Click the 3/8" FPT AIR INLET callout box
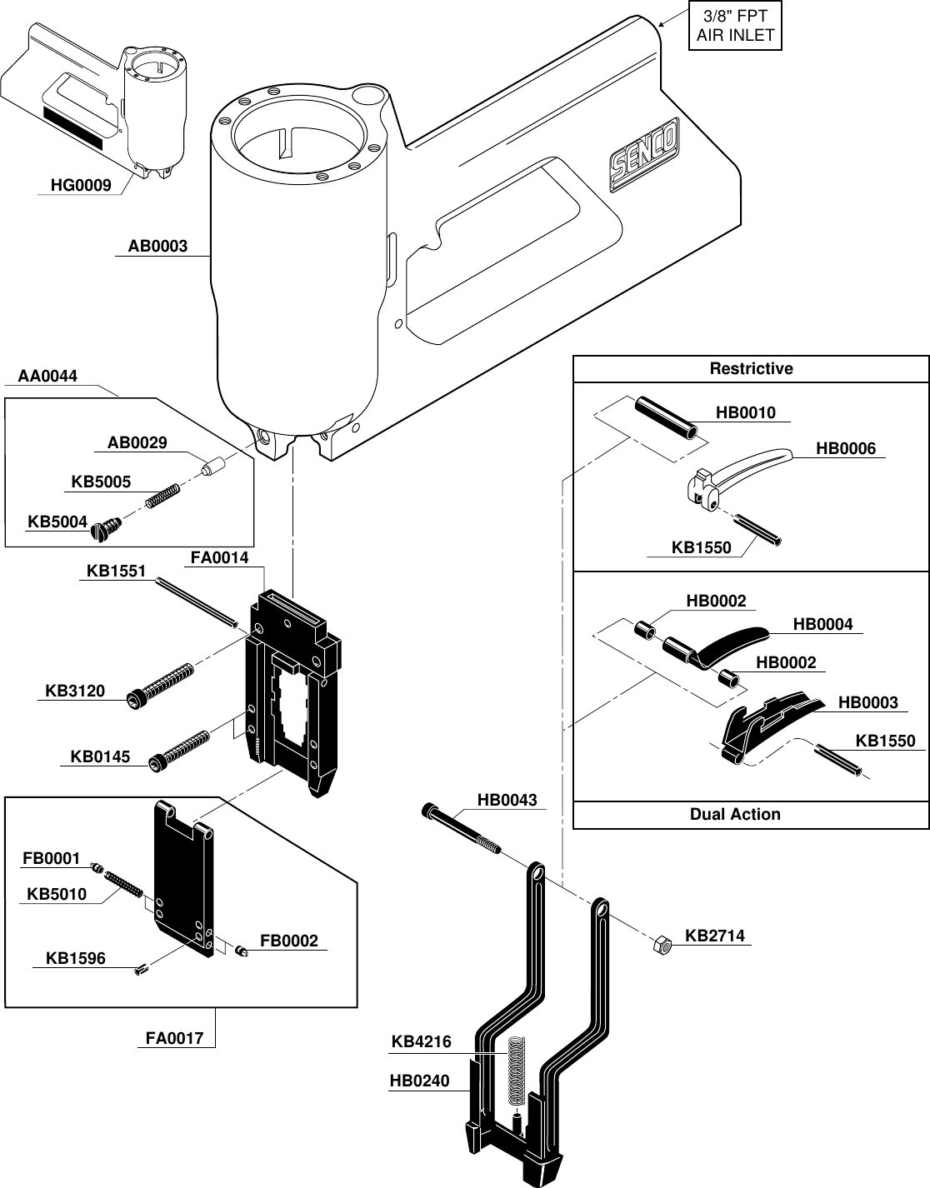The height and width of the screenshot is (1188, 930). pyautogui.click(x=735, y=26)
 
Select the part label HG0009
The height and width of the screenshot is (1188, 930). pyautogui.click(x=81, y=186)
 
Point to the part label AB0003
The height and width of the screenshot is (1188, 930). pyautogui.click(x=157, y=247)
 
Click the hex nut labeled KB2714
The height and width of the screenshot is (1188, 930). pyautogui.click(x=662, y=946)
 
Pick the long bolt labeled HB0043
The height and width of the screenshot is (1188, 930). pyautogui.click(x=463, y=829)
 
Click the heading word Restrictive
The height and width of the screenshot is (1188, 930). pyautogui.click(x=751, y=369)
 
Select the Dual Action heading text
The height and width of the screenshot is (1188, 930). pyautogui.click(x=735, y=815)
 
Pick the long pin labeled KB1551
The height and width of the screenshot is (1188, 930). pyautogui.click(x=196, y=601)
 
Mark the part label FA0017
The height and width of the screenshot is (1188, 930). pyautogui.click(x=174, y=1039)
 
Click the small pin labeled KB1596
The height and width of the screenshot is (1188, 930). pyautogui.click(x=140, y=968)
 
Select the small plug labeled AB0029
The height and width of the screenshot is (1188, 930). pyautogui.click(x=213, y=464)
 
